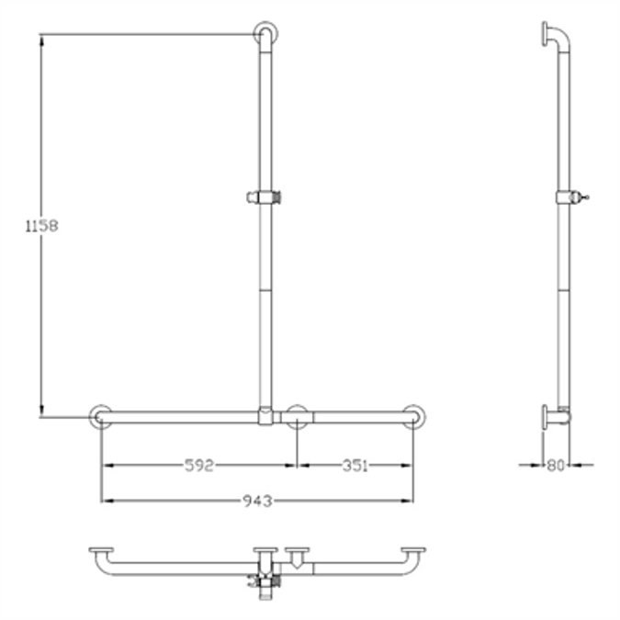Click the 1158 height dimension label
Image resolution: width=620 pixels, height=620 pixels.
pos(41,225)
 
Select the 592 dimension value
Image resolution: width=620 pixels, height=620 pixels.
pos(197,466)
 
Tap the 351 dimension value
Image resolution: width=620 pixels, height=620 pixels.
pos(355,466)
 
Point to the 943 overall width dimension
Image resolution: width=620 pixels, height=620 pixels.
pos(257,501)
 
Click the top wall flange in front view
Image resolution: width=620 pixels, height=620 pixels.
pos(265,33)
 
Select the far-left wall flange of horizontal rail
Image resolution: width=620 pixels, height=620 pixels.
pos(101,416)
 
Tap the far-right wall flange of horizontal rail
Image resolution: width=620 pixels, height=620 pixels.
pos(414,416)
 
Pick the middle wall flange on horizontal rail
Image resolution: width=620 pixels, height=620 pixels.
pos(297,416)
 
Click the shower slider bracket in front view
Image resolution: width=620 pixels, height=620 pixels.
pos(265,197)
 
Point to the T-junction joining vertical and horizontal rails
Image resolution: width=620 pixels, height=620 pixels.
pos(265,416)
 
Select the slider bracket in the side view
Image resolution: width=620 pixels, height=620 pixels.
pos(569,197)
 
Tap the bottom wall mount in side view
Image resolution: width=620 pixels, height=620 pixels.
pos(554,416)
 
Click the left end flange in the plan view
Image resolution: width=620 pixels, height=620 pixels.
pos(101,554)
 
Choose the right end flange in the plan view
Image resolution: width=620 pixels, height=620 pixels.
pos(413,554)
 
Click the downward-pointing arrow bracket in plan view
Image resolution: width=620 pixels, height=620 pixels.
pos(298,558)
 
